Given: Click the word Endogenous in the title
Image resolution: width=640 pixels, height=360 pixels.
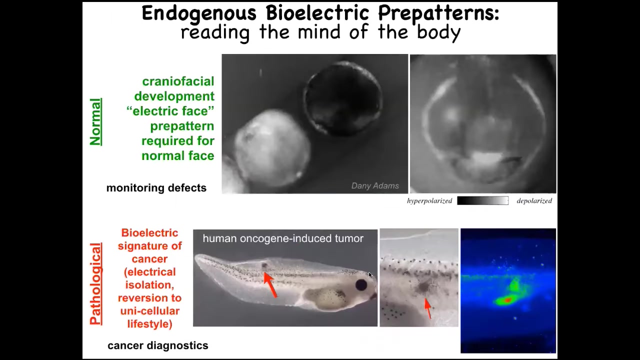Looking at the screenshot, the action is pos(199,13).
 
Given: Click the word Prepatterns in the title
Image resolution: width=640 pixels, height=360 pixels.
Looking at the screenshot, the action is pos(438,13).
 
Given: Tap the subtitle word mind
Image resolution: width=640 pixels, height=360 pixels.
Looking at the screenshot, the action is pos(319,31).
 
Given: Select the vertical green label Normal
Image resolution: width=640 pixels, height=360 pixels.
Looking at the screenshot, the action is pos(95,121).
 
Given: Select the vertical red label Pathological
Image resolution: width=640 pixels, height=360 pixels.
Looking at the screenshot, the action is pos(95,283).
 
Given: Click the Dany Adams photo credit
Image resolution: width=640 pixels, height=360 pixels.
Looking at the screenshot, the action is pos(375,185).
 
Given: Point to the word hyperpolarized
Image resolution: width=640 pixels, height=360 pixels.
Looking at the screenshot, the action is pos(429,201).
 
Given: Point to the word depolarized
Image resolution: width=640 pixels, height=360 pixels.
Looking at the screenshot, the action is pos(534,201).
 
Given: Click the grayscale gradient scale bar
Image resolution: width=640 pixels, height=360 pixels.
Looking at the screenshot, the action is pos(482,200).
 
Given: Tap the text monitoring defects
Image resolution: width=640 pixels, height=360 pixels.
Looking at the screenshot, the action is pos(156,188).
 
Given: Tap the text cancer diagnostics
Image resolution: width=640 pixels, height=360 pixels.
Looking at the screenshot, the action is pos(157,345).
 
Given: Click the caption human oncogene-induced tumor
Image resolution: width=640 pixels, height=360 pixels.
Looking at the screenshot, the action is pos(283,238).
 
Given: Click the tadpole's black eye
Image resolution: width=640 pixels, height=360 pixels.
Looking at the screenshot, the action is pos(361,285).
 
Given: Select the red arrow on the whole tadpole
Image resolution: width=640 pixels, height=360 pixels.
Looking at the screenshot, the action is pos(270,285).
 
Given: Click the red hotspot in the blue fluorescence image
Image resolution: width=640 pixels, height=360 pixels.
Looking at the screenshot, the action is pos(507,300).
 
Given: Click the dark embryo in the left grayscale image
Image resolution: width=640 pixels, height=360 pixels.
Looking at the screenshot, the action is pos(343,98).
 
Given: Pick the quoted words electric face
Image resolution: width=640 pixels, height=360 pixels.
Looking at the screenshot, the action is pos(170,111).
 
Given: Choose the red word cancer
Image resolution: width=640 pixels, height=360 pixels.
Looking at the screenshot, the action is pos(149,259).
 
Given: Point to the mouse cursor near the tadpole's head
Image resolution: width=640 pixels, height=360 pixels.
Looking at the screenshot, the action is pos(370,275).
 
